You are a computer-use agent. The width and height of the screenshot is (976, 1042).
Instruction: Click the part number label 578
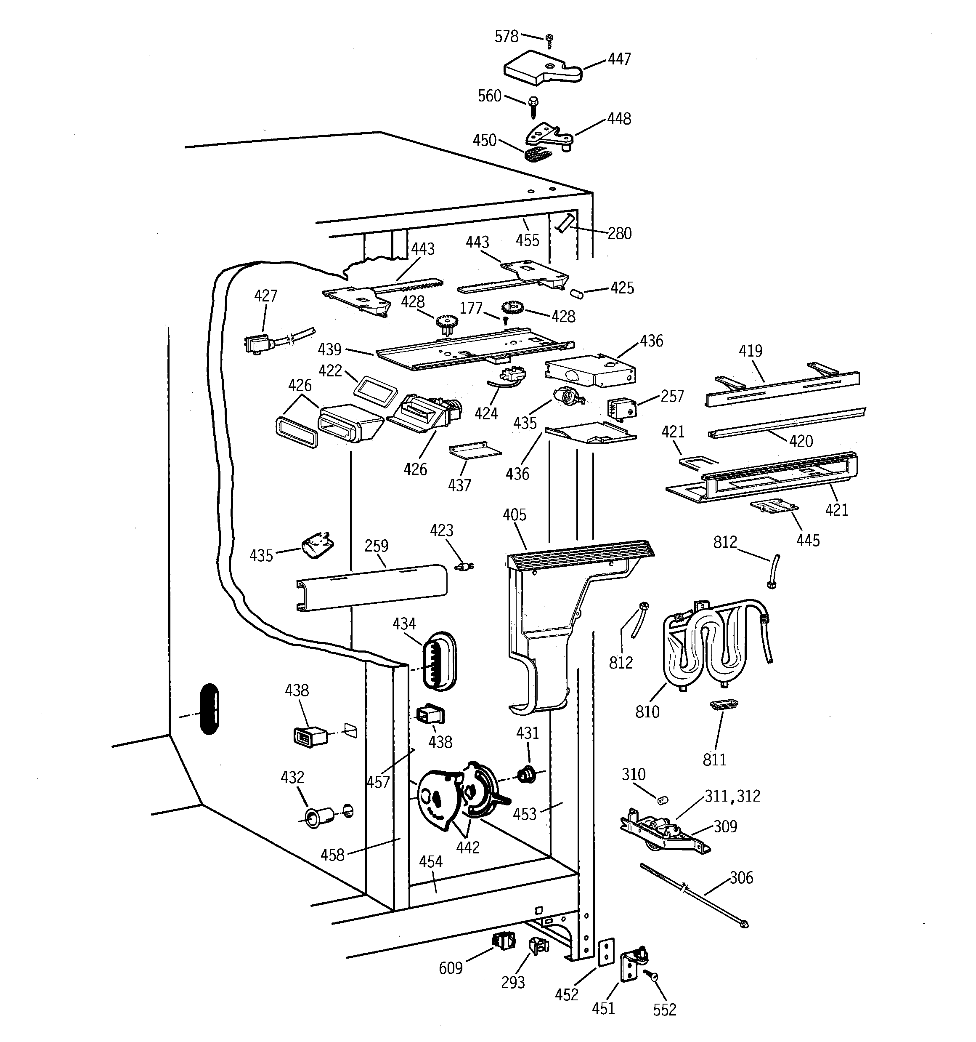click(x=506, y=36)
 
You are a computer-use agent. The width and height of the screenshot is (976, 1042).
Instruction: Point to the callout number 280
click(x=619, y=233)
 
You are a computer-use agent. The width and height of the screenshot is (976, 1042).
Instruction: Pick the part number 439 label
click(x=329, y=349)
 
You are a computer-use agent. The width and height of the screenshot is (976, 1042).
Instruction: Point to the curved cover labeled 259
click(x=371, y=586)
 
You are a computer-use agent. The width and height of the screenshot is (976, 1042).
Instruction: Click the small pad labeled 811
click(x=724, y=704)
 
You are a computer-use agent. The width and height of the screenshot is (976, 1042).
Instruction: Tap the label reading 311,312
click(x=732, y=796)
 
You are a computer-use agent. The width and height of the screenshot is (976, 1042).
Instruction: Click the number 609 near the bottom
click(x=451, y=967)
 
